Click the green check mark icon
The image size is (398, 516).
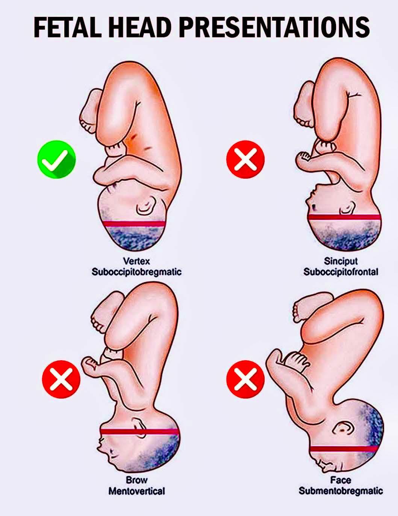(57, 159)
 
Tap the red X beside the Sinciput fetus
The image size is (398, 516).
(245, 159)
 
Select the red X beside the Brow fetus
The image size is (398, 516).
(61, 379)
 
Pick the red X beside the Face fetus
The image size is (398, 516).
(245, 379)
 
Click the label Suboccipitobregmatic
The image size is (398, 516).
(137, 272)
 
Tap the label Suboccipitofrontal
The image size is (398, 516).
(341, 272)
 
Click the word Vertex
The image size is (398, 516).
(137, 261)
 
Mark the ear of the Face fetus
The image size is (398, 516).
(343, 428)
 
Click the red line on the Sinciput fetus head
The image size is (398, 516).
(344, 217)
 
